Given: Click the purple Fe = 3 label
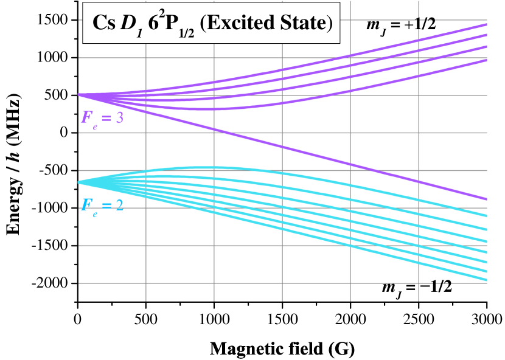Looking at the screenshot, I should tap(102, 117).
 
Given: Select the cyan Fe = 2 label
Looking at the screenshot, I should tap(102, 204).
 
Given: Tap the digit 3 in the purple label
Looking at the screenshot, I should tap(120, 117).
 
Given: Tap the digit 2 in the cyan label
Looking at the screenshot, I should tap(120, 204).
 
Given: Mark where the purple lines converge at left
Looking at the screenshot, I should tap(80, 95).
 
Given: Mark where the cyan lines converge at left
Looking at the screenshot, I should tap(80, 182).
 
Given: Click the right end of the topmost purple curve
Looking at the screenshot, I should tap(486, 24).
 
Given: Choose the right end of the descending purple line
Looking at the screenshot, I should tap(486, 199).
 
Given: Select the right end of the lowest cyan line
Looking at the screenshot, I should tap(486, 280).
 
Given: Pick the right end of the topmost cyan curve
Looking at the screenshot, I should tap(486, 215).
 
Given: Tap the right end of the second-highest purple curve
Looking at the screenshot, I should tap(486, 35).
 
